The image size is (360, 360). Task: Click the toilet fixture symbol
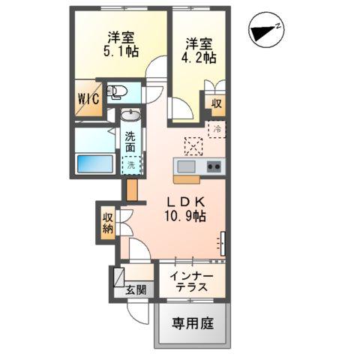[118, 93]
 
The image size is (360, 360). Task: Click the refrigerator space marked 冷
[216, 130]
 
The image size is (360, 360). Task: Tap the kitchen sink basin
[185, 166]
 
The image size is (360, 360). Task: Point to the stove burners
[213, 166]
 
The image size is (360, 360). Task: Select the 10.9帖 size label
[185, 216]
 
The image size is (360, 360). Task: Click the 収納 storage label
[107, 223]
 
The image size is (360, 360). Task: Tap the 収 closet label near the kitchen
[216, 103]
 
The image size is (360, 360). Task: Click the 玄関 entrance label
[136, 290]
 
